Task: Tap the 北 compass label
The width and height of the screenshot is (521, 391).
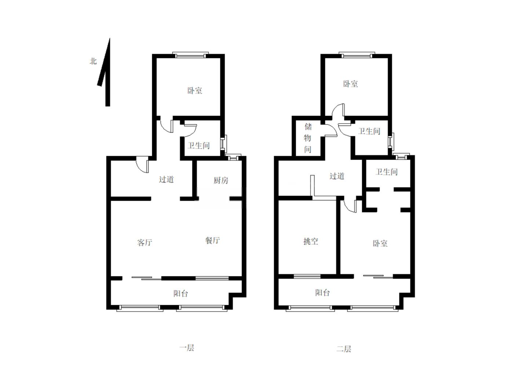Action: point(93,61)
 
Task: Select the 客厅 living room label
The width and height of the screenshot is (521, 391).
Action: point(145,242)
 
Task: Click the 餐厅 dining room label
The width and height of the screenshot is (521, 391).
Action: point(212,240)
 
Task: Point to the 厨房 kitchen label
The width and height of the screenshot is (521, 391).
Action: point(221,180)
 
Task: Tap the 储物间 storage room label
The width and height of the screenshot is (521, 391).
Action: point(307,138)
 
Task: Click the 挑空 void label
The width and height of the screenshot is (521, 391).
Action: point(311,242)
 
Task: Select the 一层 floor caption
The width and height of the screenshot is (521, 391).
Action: point(187,348)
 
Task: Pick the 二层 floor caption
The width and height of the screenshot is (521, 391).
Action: point(344,349)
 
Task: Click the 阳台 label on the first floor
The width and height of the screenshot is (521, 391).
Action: point(181,294)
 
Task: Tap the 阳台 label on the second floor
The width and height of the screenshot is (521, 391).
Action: point(323,293)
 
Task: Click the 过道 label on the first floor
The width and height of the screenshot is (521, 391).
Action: point(166,180)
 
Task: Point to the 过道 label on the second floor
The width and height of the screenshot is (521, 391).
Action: point(337,176)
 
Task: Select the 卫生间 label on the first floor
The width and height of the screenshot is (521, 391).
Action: point(198,145)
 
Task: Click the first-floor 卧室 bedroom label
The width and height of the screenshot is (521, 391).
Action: point(194,90)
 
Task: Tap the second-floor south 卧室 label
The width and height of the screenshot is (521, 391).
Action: point(380,243)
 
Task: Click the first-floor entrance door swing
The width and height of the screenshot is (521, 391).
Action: point(143,165)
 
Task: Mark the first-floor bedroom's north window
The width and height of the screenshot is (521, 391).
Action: point(190,55)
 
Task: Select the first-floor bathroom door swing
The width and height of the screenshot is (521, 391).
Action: point(190,131)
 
